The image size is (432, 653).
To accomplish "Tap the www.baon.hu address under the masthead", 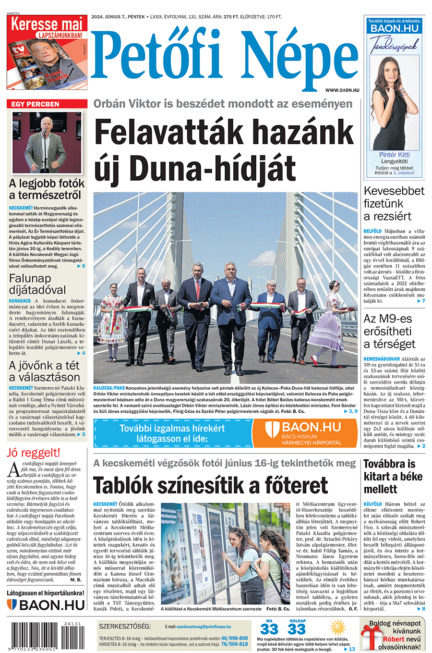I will click(x=342, y=90).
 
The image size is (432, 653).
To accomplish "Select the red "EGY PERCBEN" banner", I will click(x=47, y=104).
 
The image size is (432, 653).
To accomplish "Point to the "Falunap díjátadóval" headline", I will click(x=37, y=284).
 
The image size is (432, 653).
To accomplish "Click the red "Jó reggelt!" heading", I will click(x=34, y=453).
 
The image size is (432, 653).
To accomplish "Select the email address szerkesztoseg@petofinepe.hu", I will click(x=204, y=627).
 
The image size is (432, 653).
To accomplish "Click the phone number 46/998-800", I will click(x=234, y=638).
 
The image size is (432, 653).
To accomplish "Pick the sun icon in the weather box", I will click(x=338, y=627).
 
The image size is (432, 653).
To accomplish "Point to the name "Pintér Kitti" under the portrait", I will click(x=394, y=155).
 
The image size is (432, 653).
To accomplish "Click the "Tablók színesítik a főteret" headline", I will click(x=211, y=485).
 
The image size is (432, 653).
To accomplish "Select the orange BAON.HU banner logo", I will click(x=304, y=432).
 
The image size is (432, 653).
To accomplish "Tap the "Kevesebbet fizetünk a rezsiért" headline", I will click(x=394, y=203).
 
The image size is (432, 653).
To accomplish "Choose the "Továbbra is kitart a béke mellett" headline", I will click(x=393, y=477).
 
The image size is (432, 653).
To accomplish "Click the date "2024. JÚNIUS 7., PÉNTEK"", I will click(x=118, y=17).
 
